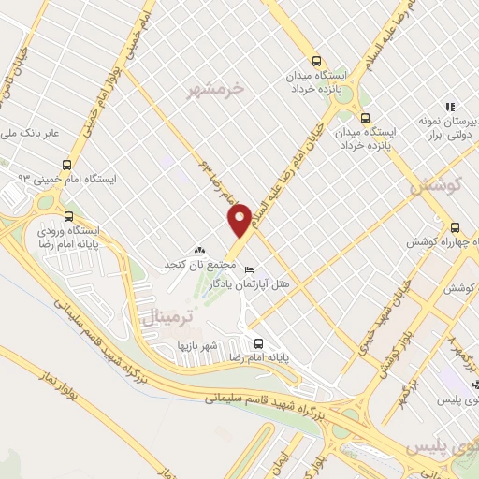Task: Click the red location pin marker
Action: pyautogui.click(x=239, y=221)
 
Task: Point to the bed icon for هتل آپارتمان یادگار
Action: pyautogui.click(x=249, y=270)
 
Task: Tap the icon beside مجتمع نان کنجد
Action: pyautogui.click(x=197, y=251)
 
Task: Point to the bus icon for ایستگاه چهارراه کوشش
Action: pyautogui.click(x=455, y=226)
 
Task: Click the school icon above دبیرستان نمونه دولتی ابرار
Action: pyautogui.click(x=450, y=107)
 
